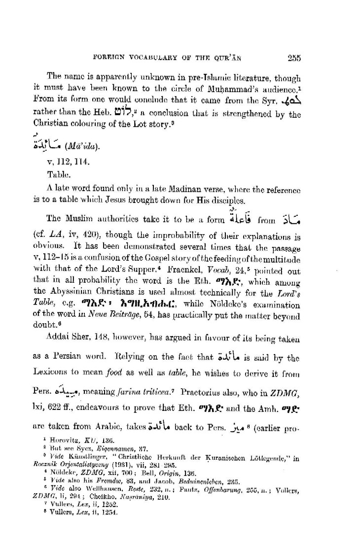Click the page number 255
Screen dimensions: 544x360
pyautogui.click(x=294, y=57)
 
